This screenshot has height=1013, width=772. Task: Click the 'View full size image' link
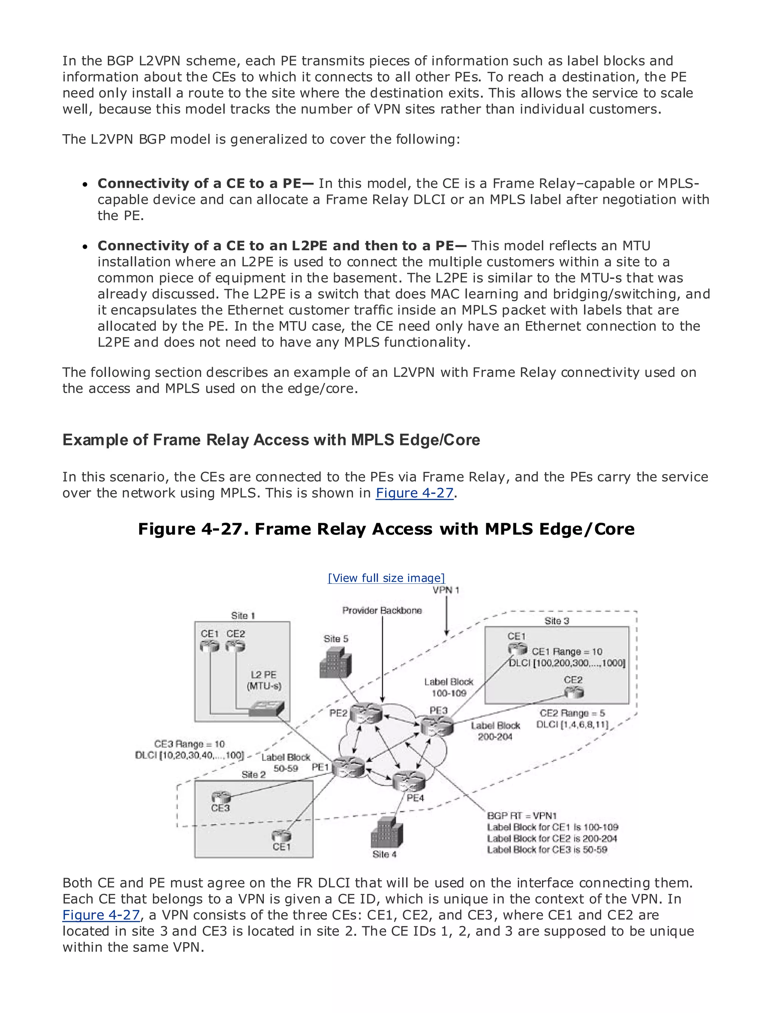tap(386, 578)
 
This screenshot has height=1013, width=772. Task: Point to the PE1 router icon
tap(348, 766)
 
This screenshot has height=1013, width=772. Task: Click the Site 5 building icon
tap(335, 663)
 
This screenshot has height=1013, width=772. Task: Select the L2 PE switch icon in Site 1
tap(267, 709)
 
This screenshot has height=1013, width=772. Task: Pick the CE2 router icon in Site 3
tap(574, 692)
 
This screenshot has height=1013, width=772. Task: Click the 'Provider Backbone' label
tap(382, 611)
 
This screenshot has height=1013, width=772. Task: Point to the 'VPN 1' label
tap(446, 590)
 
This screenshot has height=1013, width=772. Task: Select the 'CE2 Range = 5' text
tap(572, 713)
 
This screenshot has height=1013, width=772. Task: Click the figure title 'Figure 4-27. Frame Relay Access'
tap(386, 529)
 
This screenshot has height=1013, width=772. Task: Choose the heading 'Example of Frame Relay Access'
tap(271, 440)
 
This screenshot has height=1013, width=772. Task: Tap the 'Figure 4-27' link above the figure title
tap(415, 493)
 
